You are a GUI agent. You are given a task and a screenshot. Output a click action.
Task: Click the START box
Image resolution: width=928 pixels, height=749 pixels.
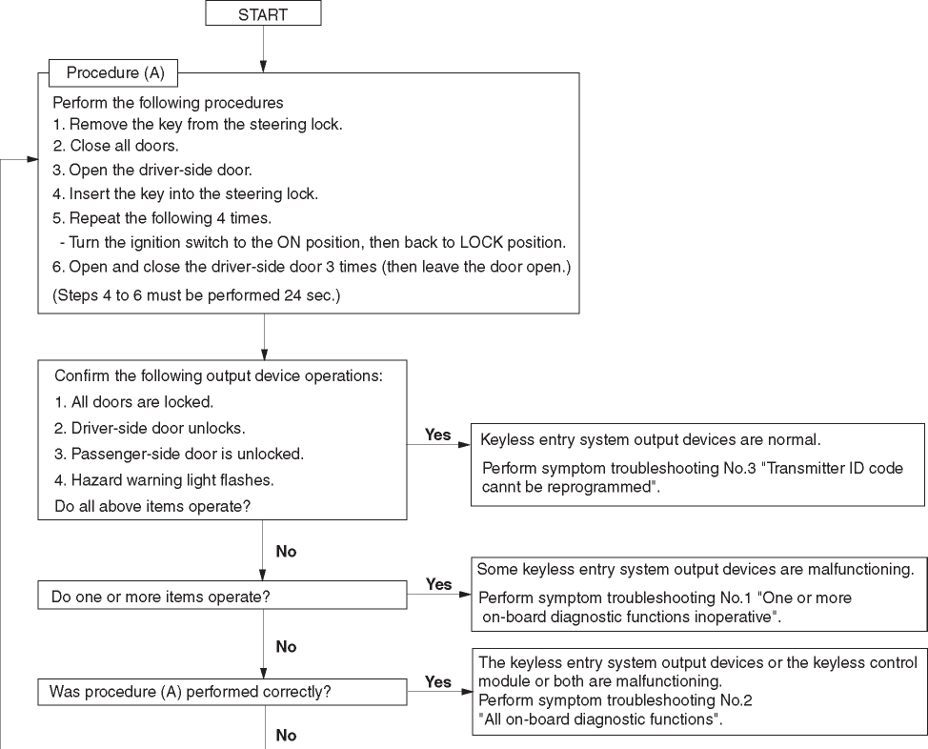(263, 14)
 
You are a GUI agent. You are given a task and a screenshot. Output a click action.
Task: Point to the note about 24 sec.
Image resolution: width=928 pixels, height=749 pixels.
(196, 296)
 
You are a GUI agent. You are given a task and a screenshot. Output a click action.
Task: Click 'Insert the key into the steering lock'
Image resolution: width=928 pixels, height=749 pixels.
(185, 193)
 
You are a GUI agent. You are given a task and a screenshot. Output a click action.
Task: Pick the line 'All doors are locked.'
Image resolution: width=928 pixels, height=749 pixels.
(133, 402)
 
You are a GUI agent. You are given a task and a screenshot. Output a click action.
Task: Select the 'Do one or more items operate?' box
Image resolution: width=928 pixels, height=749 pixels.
(222, 597)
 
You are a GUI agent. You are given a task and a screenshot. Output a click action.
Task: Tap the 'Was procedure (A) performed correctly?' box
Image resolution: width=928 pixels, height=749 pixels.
(222, 693)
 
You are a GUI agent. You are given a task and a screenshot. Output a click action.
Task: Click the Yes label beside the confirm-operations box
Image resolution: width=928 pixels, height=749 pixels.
(437, 435)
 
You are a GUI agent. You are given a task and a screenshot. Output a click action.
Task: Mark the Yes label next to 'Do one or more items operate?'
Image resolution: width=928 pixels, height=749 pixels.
(438, 584)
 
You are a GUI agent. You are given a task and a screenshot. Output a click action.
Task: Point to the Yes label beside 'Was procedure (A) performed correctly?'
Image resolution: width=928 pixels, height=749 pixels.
(438, 682)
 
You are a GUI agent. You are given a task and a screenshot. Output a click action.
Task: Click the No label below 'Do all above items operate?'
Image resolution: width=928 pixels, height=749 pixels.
(286, 552)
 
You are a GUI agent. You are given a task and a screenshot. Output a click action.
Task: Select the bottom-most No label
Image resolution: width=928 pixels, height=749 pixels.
(286, 736)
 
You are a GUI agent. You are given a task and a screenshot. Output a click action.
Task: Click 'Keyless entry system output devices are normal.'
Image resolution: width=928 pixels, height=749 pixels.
(651, 441)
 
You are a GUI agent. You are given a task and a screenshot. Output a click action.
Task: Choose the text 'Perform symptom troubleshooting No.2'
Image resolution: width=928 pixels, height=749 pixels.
(615, 700)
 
